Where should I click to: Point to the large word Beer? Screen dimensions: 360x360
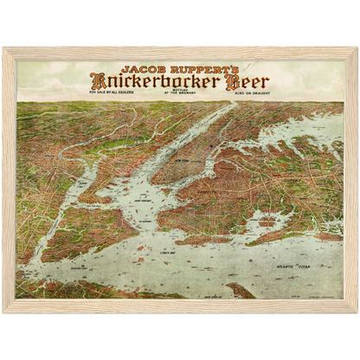click(246, 83)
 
